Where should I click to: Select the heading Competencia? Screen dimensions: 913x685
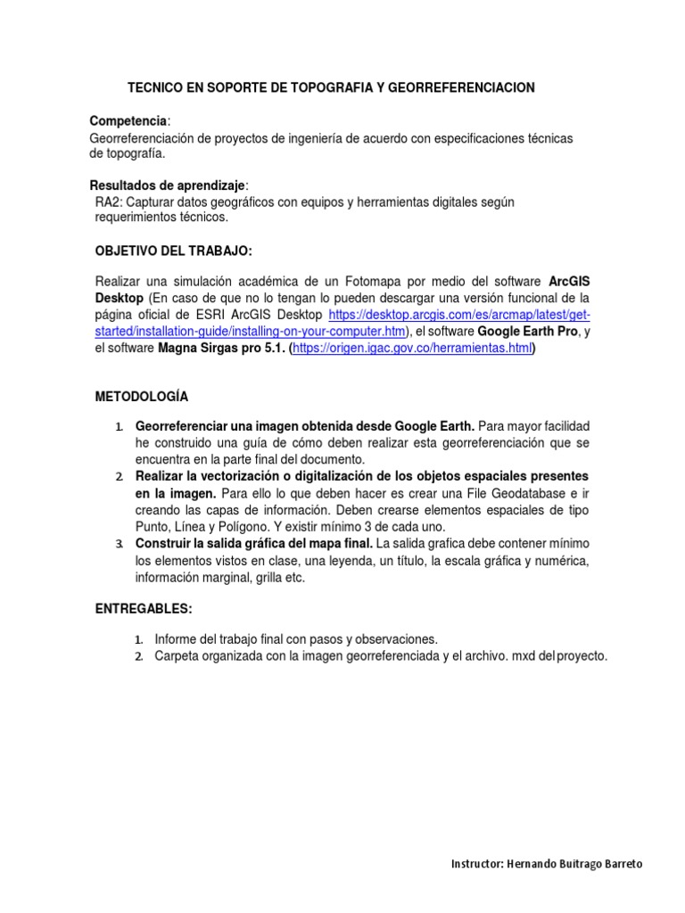(128, 120)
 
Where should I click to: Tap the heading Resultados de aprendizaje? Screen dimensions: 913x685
(167, 185)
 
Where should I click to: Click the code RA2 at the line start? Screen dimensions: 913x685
(108, 202)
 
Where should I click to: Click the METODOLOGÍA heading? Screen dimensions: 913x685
(142, 396)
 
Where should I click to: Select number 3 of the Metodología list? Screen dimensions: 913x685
(120, 544)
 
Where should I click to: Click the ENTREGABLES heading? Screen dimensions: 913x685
(144, 608)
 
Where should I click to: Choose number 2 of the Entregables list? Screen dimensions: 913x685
(139, 656)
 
